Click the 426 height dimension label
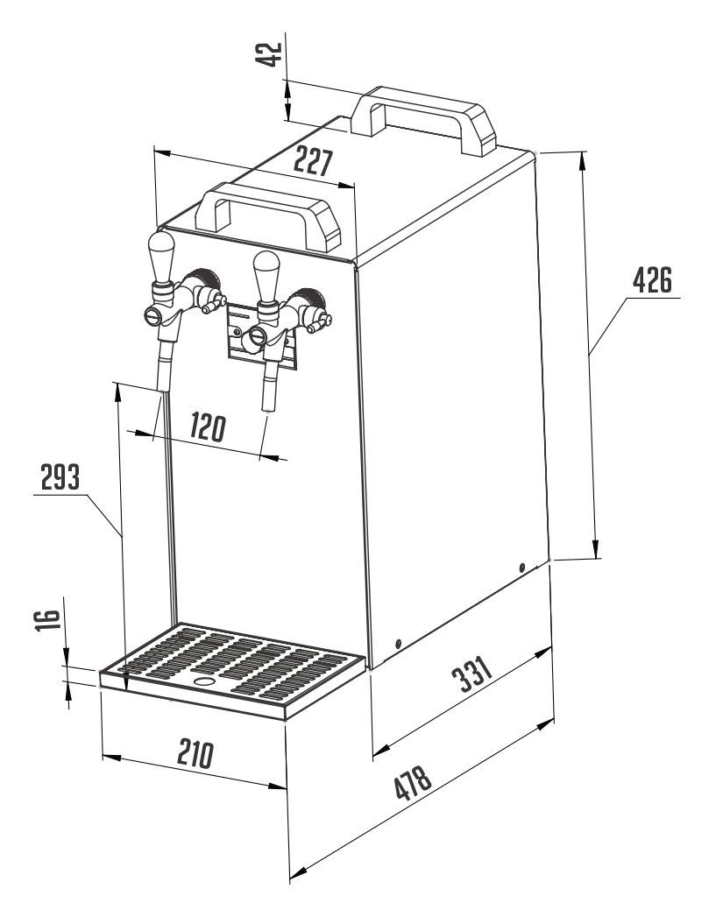[652, 283]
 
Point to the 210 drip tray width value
[194, 754]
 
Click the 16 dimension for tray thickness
[52, 622]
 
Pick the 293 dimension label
[60, 479]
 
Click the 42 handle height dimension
[273, 53]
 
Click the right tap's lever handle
[266, 272]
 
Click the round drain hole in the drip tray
[204, 681]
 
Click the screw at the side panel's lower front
[398, 645]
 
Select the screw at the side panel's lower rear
[523, 567]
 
